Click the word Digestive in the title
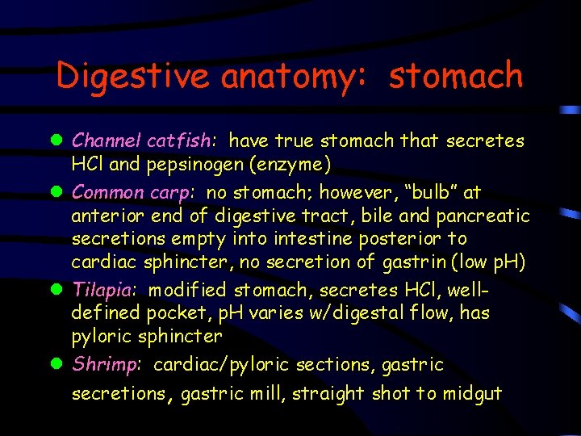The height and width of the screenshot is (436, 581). tap(133, 77)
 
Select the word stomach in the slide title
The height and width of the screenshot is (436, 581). tap(456, 77)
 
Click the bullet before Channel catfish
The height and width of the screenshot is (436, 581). tap(60, 141)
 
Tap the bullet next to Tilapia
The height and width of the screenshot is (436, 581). tap(60, 290)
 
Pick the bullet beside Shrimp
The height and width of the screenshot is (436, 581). tap(60, 365)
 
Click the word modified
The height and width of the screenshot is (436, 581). tap(189, 289)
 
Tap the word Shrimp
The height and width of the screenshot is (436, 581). tap(106, 365)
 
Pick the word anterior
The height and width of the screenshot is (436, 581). tap(104, 216)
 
